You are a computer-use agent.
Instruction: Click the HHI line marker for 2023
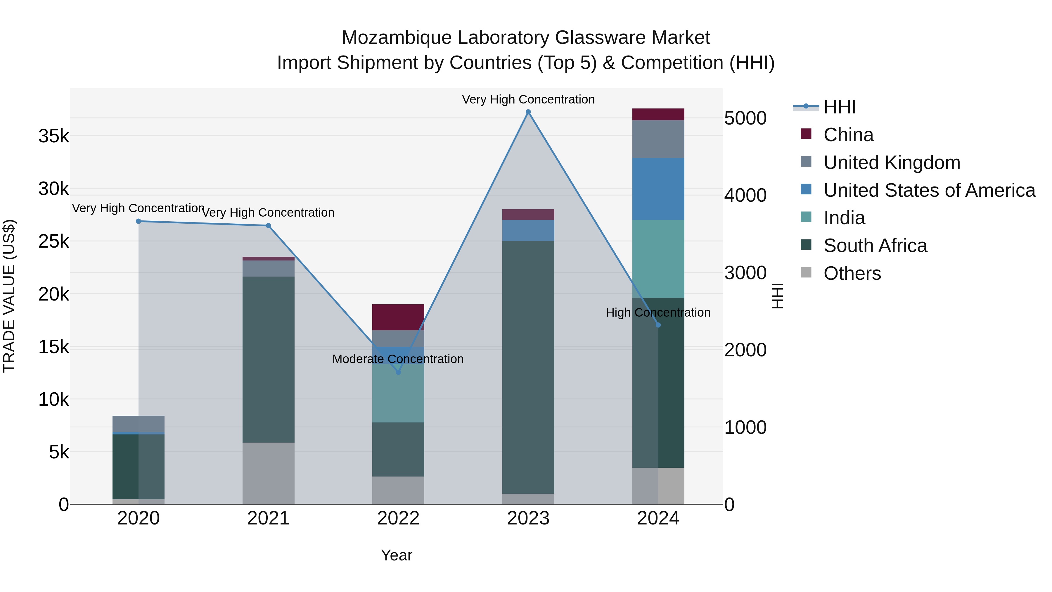click(528, 112)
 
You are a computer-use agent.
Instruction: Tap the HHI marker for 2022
click(399, 372)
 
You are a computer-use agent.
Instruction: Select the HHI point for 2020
click(139, 221)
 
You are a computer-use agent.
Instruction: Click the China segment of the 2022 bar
click(398, 317)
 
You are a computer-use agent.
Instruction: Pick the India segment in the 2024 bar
click(658, 259)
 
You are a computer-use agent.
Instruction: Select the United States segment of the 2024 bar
click(658, 189)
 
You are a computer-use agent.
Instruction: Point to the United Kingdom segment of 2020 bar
click(139, 424)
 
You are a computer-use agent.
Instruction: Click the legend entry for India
click(844, 218)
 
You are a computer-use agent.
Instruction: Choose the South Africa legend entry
click(875, 246)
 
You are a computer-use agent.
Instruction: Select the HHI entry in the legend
click(839, 107)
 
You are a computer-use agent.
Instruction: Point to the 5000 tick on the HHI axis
click(745, 118)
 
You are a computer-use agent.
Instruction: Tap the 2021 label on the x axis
click(268, 518)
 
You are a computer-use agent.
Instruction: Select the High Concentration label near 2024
click(657, 313)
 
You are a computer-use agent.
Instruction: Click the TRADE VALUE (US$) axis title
click(9, 296)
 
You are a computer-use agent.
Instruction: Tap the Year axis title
click(396, 555)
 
